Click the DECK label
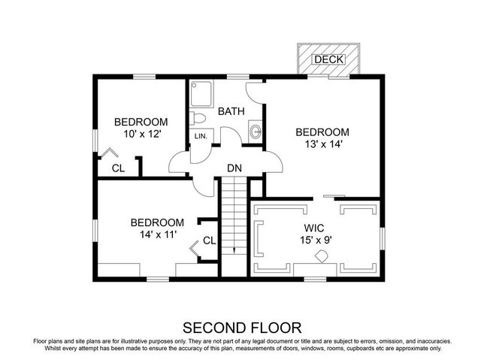point(328,59)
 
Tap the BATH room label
point(231,111)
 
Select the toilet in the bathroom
point(198,119)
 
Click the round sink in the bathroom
point(256,131)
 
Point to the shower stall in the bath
point(201,93)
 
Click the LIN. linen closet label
point(201,136)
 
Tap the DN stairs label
point(234,169)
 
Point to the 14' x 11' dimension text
point(157,236)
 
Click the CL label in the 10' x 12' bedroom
point(118,168)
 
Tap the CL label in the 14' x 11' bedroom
point(209,241)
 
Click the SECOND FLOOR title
point(242,327)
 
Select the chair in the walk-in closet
point(321,256)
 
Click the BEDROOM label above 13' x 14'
point(322,131)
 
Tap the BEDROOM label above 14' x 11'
point(157,222)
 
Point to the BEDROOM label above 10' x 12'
point(141,122)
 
